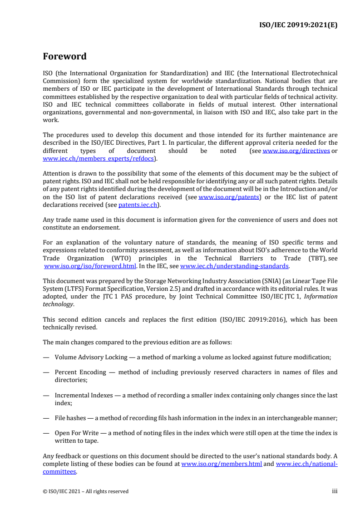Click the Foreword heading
(64, 57)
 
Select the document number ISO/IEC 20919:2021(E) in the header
(297, 25)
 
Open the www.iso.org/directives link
(296, 151)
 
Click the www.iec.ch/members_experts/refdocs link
(99, 158)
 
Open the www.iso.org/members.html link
(222, 464)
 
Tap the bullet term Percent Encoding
(80, 372)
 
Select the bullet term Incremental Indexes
(84, 395)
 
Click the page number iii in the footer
(335, 491)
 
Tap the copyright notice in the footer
(86, 491)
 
